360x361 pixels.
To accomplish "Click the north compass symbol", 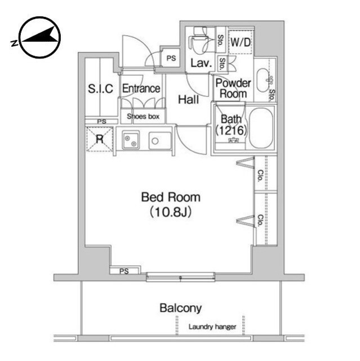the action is [40, 37].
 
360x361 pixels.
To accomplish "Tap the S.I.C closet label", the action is [101, 89].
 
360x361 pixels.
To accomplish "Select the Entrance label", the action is [141, 89].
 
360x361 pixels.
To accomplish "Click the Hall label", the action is [189, 100].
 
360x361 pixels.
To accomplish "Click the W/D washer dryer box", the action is [241, 42].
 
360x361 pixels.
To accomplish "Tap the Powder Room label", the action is [233, 89].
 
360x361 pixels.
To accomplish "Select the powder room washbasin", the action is [264, 80].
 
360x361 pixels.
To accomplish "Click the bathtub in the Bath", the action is [261, 128].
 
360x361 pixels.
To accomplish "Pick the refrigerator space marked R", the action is [100, 139].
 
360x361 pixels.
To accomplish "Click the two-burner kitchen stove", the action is [131, 140].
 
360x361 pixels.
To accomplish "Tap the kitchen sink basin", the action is [160, 140].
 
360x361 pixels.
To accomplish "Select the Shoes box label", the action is [143, 117].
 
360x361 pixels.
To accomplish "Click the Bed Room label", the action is [171, 197].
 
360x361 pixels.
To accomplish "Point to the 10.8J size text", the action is [171, 212].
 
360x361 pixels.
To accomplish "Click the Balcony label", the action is [181, 308].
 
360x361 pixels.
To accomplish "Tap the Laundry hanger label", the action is [212, 327].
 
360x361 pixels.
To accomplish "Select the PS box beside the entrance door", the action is [171, 58].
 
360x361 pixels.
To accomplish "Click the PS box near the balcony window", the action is [125, 271].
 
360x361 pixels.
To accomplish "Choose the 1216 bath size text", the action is [231, 130].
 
